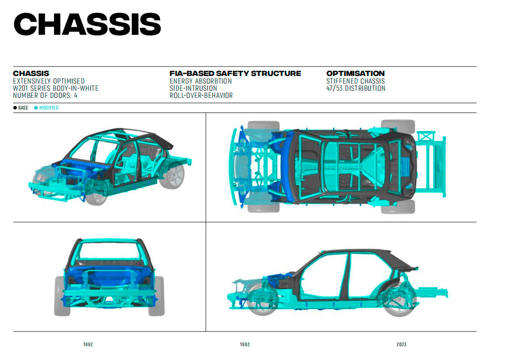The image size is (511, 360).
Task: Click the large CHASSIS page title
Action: pyautogui.click(x=88, y=24)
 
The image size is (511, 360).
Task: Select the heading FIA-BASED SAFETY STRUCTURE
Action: pyautogui.click(x=235, y=73)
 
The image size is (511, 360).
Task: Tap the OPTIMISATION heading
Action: pyautogui.click(x=356, y=73)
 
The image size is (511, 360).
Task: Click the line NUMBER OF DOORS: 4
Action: pyautogui.click(x=45, y=96)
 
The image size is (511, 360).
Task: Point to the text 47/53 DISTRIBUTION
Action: pyautogui.click(x=356, y=88)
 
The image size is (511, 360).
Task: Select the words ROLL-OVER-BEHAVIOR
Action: pyautogui.click(x=201, y=96)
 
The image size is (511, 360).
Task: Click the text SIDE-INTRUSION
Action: pyautogui.click(x=193, y=88)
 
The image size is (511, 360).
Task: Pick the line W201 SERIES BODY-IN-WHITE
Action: pyautogui.click(x=56, y=88)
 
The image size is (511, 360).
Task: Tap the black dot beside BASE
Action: pyautogui.click(x=15, y=108)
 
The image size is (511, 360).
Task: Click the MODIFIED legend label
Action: pyautogui.click(x=49, y=108)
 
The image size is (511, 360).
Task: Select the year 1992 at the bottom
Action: pyautogui.click(x=88, y=344)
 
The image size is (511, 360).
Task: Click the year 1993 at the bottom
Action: pyautogui.click(x=245, y=344)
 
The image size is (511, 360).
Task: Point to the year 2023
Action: pyautogui.click(x=402, y=344)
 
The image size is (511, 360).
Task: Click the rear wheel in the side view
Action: pyautogui.click(x=400, y=299)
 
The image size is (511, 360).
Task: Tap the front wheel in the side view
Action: pyautogui.click(x=263, y=299)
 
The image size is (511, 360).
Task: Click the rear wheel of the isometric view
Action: pyautogui.click(x=172, y=176)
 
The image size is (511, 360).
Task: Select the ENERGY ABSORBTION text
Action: pyautogui.click(x=201, y=81)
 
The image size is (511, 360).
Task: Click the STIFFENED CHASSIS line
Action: pyautogui.click(x=356, y=81)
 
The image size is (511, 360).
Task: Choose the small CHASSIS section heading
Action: pyautogui.click(x=31, y=73)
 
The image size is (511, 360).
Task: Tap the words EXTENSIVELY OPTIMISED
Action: pyautogui.click(x=49, y=81)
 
